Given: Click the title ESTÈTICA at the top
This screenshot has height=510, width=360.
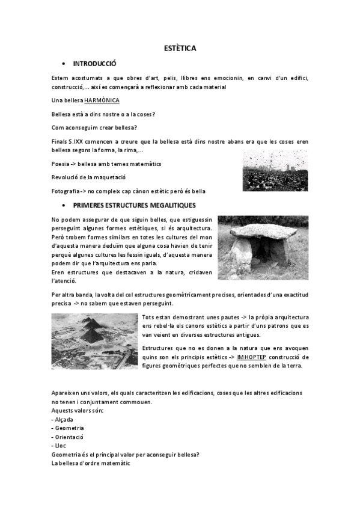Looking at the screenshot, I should (x=180, y=48).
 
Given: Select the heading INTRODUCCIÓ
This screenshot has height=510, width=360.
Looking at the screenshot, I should (x=94, y=63).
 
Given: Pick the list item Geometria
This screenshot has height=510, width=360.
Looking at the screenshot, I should (x=67, y=428).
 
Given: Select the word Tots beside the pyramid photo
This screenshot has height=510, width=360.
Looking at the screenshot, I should (x=150, y=316).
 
